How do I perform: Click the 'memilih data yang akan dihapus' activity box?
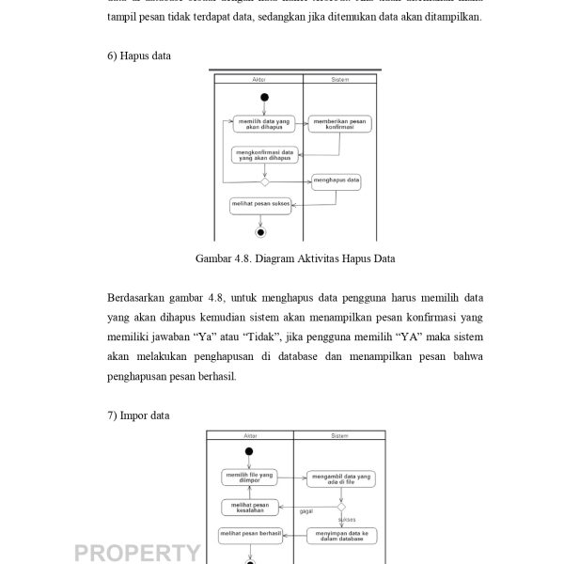(x=263, y=123)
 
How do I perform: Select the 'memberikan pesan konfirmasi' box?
(x=339, y=123)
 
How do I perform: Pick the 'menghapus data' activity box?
(x=337, y=180)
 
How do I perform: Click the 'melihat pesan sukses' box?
(x=260, y=202)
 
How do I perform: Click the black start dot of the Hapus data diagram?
(x=264, y=97)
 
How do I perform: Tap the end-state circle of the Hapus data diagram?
(x=261, y=231)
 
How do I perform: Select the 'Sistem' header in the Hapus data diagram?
(x=340, y=81)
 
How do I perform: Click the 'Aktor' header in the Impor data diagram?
(x=248, y=436)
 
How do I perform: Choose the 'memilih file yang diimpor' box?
(x=249, y=478)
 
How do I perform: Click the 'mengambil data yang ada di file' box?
(x=339, y=478)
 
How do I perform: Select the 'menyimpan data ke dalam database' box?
(x=340, y=536)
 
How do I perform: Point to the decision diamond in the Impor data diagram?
(x=341, y=507)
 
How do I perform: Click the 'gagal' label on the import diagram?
(x=305, y=512)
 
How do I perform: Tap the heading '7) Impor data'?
(x=138, y=415)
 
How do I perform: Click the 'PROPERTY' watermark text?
(x=136, y=552)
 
